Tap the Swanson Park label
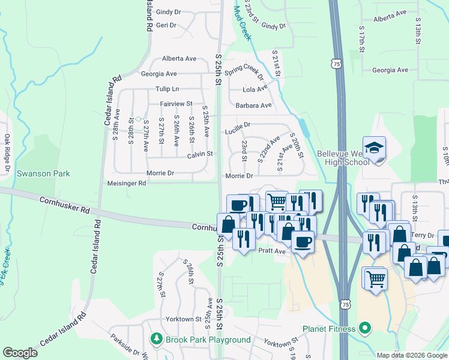point(43,174)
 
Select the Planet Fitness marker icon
point(364,328)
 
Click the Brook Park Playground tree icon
point(157,340)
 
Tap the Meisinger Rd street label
point(126,183)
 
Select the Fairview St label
point(175,104)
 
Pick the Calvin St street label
point(200,154)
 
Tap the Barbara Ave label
point(253,105)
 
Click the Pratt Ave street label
point(272,252)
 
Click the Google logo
point(20,353)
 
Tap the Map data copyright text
point(412,355)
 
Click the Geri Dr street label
point(166,25)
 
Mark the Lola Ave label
point(255,89)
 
